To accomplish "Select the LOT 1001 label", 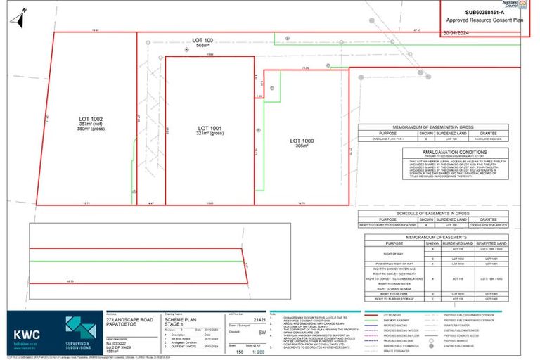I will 208,128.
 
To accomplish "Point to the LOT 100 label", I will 204,41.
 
